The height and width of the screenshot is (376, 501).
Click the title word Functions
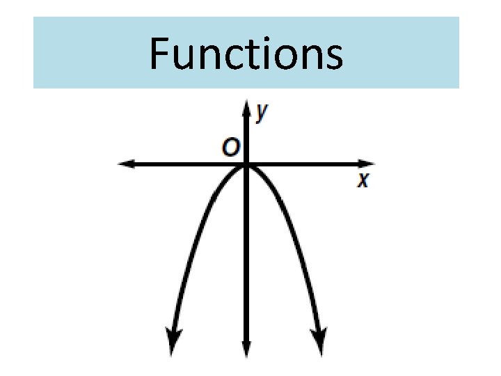click(x=246, y=54)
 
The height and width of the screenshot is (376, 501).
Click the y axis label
click(x=262, y=112)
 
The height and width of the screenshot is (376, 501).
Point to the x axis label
click(x=363, y=181)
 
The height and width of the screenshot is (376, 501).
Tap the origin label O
click(x=230, y=148)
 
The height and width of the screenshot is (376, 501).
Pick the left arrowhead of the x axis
click(x=126, y=164)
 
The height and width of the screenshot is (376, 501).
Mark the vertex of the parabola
click(x=246, y=166)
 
